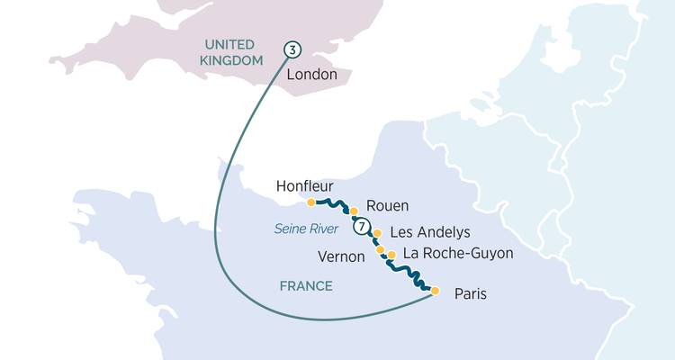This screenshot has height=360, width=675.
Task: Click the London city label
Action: [311, 76]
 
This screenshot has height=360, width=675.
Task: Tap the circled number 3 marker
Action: [291, 49]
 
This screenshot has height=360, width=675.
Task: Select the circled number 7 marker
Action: [362, 227]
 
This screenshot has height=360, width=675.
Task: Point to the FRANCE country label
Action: [305, 286]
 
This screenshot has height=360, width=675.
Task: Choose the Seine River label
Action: [307, 229]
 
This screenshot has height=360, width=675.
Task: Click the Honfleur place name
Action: [306, 186]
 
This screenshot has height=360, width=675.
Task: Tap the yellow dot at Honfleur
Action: [310, 202]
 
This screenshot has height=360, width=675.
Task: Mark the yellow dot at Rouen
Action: [354, 211]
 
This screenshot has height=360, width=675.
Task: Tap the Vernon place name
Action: [341, 256]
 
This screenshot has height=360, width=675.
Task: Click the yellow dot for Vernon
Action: [381, 249]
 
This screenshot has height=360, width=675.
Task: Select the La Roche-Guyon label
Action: [457, 253]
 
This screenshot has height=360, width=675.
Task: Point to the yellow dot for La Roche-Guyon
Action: [391, 256]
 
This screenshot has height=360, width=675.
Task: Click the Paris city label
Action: [471, 293]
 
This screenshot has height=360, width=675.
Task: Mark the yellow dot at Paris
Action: [436, 291]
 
